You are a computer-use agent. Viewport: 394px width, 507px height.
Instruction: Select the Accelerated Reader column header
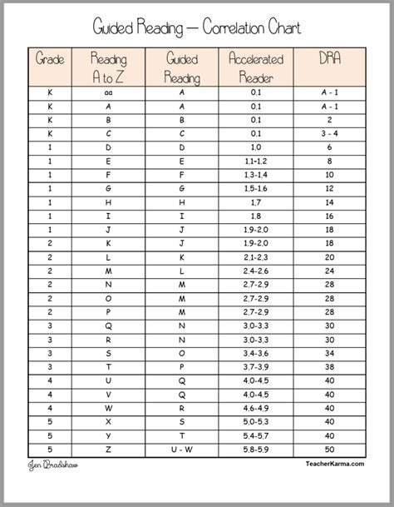255,67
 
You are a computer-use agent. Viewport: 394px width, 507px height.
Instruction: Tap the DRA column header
329,60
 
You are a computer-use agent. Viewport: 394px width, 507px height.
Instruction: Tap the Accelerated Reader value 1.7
255,202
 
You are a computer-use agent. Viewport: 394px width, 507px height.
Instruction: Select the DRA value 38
329,365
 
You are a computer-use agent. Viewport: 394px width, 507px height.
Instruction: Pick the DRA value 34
329,351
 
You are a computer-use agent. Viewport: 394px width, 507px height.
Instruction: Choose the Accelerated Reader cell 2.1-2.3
255,256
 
